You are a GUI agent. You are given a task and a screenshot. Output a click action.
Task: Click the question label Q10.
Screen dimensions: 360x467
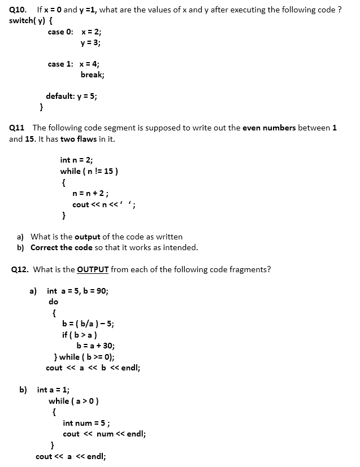pos(18,10)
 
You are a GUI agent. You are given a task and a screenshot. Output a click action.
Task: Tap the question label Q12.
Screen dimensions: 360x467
pos(20,269)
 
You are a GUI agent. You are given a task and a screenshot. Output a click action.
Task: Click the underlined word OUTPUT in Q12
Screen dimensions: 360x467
pos(93,269)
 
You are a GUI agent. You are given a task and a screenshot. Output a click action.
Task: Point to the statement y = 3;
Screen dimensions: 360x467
pos(90,42)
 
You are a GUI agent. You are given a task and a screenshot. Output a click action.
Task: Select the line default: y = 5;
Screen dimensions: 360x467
pos(71,96)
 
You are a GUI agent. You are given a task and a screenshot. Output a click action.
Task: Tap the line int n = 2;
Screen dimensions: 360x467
pos(76,160)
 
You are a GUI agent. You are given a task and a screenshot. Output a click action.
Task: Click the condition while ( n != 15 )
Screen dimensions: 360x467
pos(89,171)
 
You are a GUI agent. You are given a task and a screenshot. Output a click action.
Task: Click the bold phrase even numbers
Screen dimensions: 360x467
pos(269,128)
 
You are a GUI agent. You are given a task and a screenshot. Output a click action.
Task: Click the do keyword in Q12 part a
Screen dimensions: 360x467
pos(53,302)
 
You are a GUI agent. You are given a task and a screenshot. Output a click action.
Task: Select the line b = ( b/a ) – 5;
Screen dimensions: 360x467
pos(88,324)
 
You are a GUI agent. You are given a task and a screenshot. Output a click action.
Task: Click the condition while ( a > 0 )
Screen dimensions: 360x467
pos(74,401)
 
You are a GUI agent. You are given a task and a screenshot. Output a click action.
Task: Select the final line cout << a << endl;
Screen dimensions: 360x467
pos(71,456)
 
